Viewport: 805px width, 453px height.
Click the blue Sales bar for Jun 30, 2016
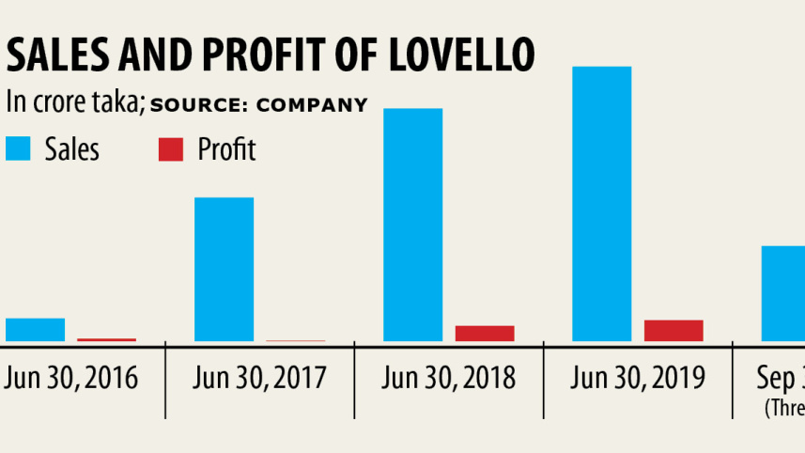point(35,330)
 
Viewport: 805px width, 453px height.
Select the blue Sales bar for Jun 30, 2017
point(224,270)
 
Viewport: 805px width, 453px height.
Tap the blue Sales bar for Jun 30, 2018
point(412,225)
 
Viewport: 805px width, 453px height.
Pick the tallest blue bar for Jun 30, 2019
point(601,204)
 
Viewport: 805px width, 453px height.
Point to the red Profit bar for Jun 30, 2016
point(106,339)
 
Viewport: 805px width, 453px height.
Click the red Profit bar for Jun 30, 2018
point(485,334)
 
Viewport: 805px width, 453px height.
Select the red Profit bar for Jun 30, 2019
point(673,331)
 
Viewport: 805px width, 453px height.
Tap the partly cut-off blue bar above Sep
point(782,293)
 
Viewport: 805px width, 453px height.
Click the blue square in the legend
point(18,148)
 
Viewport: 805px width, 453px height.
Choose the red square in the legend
point(170,148)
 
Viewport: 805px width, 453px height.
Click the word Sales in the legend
point(72,148)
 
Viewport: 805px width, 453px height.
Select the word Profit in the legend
point(226,148)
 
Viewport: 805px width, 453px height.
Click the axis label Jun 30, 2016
point(71,378)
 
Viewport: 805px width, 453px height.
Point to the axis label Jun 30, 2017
point(259,378)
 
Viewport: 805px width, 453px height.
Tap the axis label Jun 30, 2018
point(449,378)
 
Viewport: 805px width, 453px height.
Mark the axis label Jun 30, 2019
point(637,378)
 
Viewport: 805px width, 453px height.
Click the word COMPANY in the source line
point(312,104)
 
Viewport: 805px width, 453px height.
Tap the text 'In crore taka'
point(74,102)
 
